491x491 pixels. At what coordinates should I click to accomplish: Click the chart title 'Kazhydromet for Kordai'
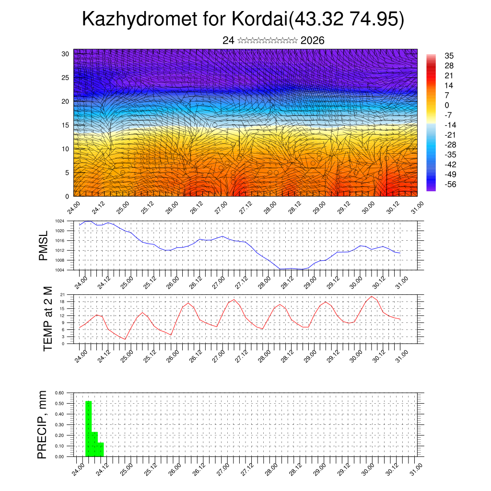tap(184, 19)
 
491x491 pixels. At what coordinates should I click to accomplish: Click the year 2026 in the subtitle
tap(312, 41)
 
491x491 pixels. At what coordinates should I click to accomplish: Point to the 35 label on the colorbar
tap(449, 56)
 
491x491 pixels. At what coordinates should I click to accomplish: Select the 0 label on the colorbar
tap(447, 105)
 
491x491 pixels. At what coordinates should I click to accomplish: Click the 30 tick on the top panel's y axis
tap(65, 54)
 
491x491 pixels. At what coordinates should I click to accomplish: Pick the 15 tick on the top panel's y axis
tap(65, 125)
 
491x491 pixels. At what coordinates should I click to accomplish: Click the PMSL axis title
tap(44, 245)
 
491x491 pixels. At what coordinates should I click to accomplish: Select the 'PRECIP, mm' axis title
tap(43, 424)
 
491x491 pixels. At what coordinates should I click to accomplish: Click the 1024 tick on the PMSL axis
tap(59, 221)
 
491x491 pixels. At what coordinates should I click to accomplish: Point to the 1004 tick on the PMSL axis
tap(59, 270)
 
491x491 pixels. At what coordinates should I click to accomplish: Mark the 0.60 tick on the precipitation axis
tap(59, 393)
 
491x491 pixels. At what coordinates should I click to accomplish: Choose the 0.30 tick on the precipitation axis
tap(59, 425)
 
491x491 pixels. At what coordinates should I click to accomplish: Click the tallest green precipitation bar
tap(88, 429)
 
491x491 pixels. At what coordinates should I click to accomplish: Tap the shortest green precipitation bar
tap(101, 450)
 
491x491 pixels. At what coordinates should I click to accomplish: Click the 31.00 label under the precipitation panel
tap(417, 468)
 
